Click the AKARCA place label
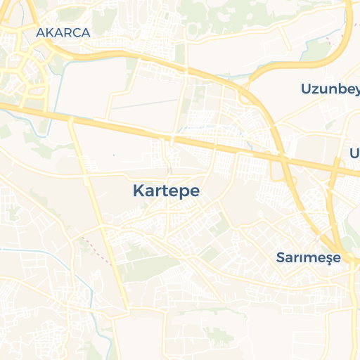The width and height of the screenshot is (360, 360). point(63,32)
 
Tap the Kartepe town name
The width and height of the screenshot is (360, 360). point(166,191)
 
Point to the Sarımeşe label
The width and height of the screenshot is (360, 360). point(308,257)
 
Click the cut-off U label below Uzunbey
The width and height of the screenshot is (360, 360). point(354,153)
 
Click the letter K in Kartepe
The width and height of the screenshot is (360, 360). point(138,191)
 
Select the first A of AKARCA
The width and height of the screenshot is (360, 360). point(40,32)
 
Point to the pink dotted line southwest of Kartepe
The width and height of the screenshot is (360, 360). point(91,246)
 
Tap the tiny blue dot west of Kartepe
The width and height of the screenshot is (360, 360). point(113,154)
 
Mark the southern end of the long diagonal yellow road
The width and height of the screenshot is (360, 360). point(127,309)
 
